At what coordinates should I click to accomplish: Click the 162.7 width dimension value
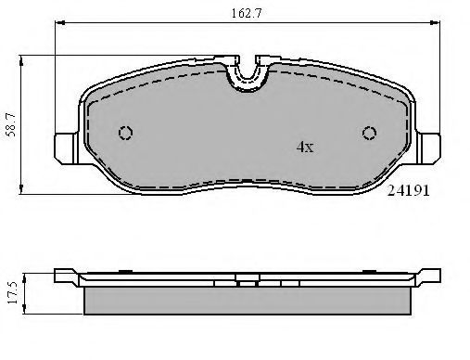[247, 14]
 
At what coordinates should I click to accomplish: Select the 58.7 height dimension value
[12, 124]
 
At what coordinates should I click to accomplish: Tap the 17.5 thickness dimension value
[13, 292]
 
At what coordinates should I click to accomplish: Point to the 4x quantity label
[305, 148]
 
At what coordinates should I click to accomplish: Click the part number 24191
[408, 191]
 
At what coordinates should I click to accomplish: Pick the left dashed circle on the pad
[125, 133]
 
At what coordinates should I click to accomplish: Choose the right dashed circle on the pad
[369, 133]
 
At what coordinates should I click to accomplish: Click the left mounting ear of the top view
[67, 148]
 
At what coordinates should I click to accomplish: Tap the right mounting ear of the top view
[428, 148]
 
